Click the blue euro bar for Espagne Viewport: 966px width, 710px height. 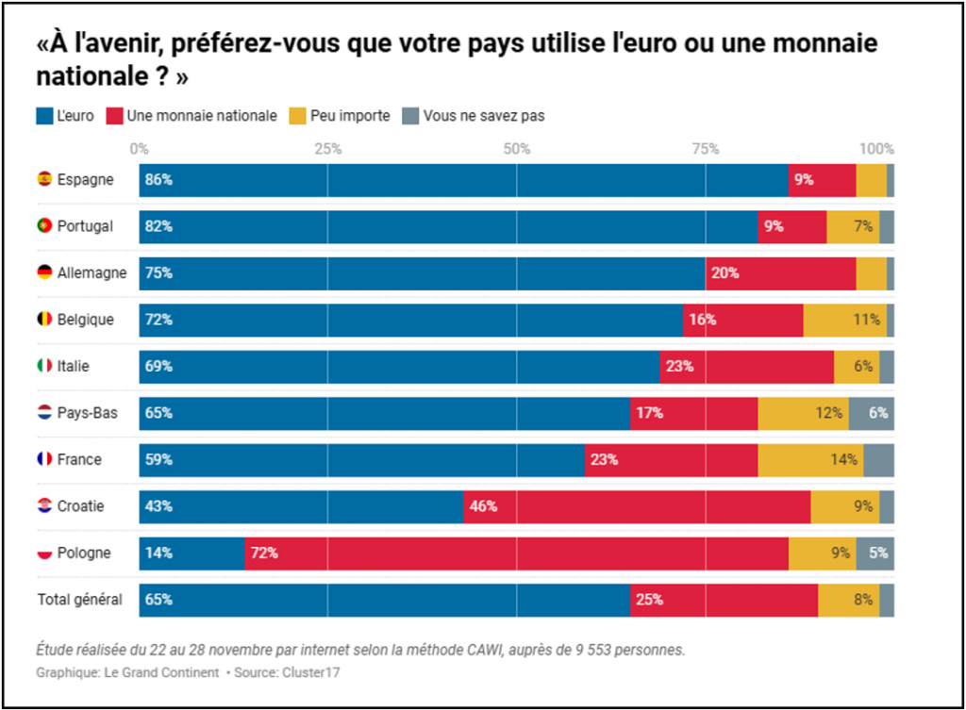coord(463,180)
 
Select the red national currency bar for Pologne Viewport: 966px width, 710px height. coord(516,553)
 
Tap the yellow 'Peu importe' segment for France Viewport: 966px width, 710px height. coord(810,460)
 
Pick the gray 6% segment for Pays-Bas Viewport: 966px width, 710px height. coord(871,413)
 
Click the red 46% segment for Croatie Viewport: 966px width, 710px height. coord(637,506)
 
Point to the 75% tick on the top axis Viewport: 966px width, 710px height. coord(706,149)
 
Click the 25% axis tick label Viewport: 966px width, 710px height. coord(327,149)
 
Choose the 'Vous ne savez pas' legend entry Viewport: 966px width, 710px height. coord(483,116)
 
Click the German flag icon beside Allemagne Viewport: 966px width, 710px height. coord(44,272)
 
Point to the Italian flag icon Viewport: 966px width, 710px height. coord(44,366)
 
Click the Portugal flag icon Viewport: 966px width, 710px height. coord(44,226)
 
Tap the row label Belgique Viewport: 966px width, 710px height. coord(85,320)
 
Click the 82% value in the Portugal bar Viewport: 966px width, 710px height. coord(158,226)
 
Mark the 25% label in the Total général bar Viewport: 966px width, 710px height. coord(649,600)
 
